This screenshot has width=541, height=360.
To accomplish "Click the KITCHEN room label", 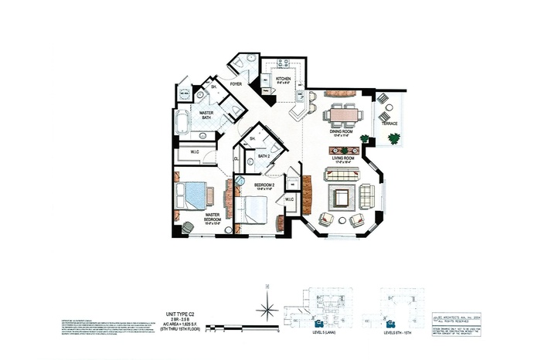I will click(284, 79).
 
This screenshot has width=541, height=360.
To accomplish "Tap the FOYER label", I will click(236, 82).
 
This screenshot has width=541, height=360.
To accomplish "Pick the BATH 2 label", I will click(265, 156).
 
